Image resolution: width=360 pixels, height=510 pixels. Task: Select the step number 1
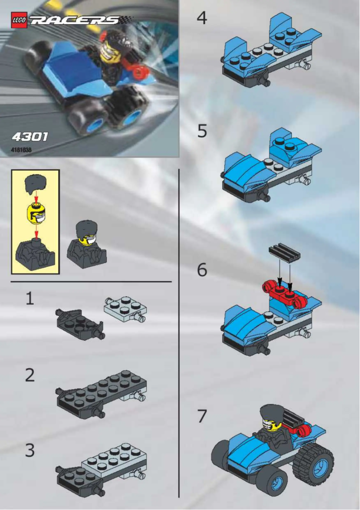click(x=30, y=299)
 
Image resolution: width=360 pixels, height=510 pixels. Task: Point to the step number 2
click(x=30, y=375)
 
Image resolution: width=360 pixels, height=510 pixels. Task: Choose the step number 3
click(x=30, y=450)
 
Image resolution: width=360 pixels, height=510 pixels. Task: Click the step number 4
click(x=202, y=19)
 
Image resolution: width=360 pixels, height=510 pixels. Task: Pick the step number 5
click(x=202, y=131)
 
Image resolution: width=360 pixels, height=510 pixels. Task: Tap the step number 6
click(x=202, y=270)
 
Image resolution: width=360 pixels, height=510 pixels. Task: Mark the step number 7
click(x=202, y=417)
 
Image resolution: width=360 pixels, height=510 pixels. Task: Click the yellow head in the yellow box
click(x=35, y=213)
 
